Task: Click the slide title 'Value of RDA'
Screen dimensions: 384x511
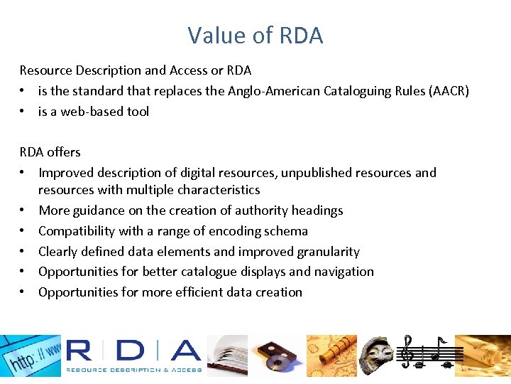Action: [x=255, y=35]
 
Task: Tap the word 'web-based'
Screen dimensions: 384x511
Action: [x=88, y=112]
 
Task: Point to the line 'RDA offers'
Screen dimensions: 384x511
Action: [x=50, y=152]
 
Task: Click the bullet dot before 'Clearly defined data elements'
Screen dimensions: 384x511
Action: [x=23, y=252]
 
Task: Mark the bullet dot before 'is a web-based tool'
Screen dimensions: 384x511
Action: [x=23, y=112]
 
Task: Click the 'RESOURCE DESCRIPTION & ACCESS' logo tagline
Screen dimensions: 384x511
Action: [x=134, y=370]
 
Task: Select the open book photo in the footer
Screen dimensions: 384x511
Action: [x=226, y=356]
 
